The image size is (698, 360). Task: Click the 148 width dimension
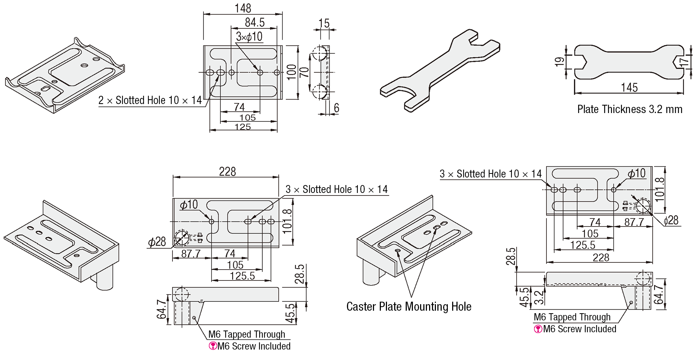point(243,8)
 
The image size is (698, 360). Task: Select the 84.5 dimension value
point(255,22)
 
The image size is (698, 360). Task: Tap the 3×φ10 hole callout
point(249,36)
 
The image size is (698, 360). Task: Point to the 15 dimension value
point(324,23)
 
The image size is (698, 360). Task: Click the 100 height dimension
point(291,72)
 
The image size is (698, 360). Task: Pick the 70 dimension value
point(304,72)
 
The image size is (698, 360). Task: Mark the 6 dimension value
point(336,108)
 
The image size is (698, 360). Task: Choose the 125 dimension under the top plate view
point(243,127)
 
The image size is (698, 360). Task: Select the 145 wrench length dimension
point(629,87)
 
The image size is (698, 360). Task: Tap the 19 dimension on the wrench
point(559,62)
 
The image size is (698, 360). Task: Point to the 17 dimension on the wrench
point(684,62)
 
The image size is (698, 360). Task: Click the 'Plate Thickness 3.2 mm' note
point(630,109)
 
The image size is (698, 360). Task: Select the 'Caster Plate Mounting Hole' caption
point(409,306)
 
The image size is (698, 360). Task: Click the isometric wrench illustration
point(440,71)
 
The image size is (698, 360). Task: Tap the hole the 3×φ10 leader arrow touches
point(260,72)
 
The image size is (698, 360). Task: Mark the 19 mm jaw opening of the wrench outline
point(580,62)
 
